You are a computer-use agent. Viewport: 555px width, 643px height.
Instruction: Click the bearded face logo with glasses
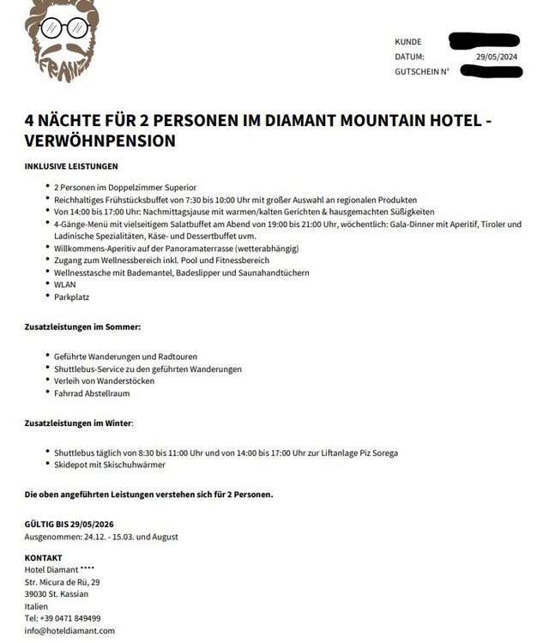63,39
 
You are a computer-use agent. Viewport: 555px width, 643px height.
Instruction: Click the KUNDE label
408,42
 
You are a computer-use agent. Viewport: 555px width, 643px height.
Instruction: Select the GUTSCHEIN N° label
422,72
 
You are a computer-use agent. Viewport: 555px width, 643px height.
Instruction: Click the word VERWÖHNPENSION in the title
100,140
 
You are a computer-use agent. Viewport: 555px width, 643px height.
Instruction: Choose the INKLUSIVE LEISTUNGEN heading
71,166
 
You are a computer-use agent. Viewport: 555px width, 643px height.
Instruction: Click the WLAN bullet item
65,285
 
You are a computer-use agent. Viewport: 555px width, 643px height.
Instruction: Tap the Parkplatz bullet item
71,297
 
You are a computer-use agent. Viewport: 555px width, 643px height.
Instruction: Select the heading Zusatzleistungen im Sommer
82,327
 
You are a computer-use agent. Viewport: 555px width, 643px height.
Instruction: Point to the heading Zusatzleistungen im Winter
79,423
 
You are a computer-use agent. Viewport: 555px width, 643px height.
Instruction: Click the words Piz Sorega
377,453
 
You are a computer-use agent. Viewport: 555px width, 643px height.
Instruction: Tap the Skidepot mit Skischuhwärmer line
109,465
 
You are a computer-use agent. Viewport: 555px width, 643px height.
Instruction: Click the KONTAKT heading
44,557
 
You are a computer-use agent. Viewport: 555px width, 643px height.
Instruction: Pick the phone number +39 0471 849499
69,618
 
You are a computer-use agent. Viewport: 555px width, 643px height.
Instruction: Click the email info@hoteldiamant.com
69,630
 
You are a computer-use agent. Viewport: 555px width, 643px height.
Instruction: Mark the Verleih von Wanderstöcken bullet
104,381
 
